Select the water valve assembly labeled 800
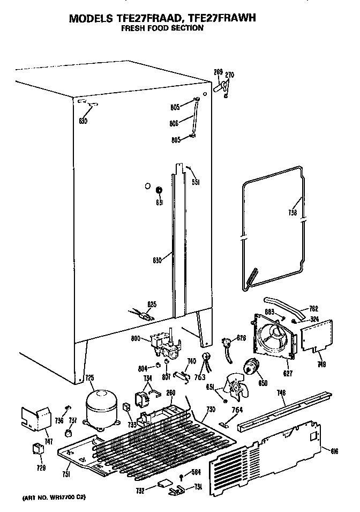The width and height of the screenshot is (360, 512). pyautogui.click(x=162, y=343)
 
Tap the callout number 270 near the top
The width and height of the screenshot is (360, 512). pyautogui.click(x=230, y=75)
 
